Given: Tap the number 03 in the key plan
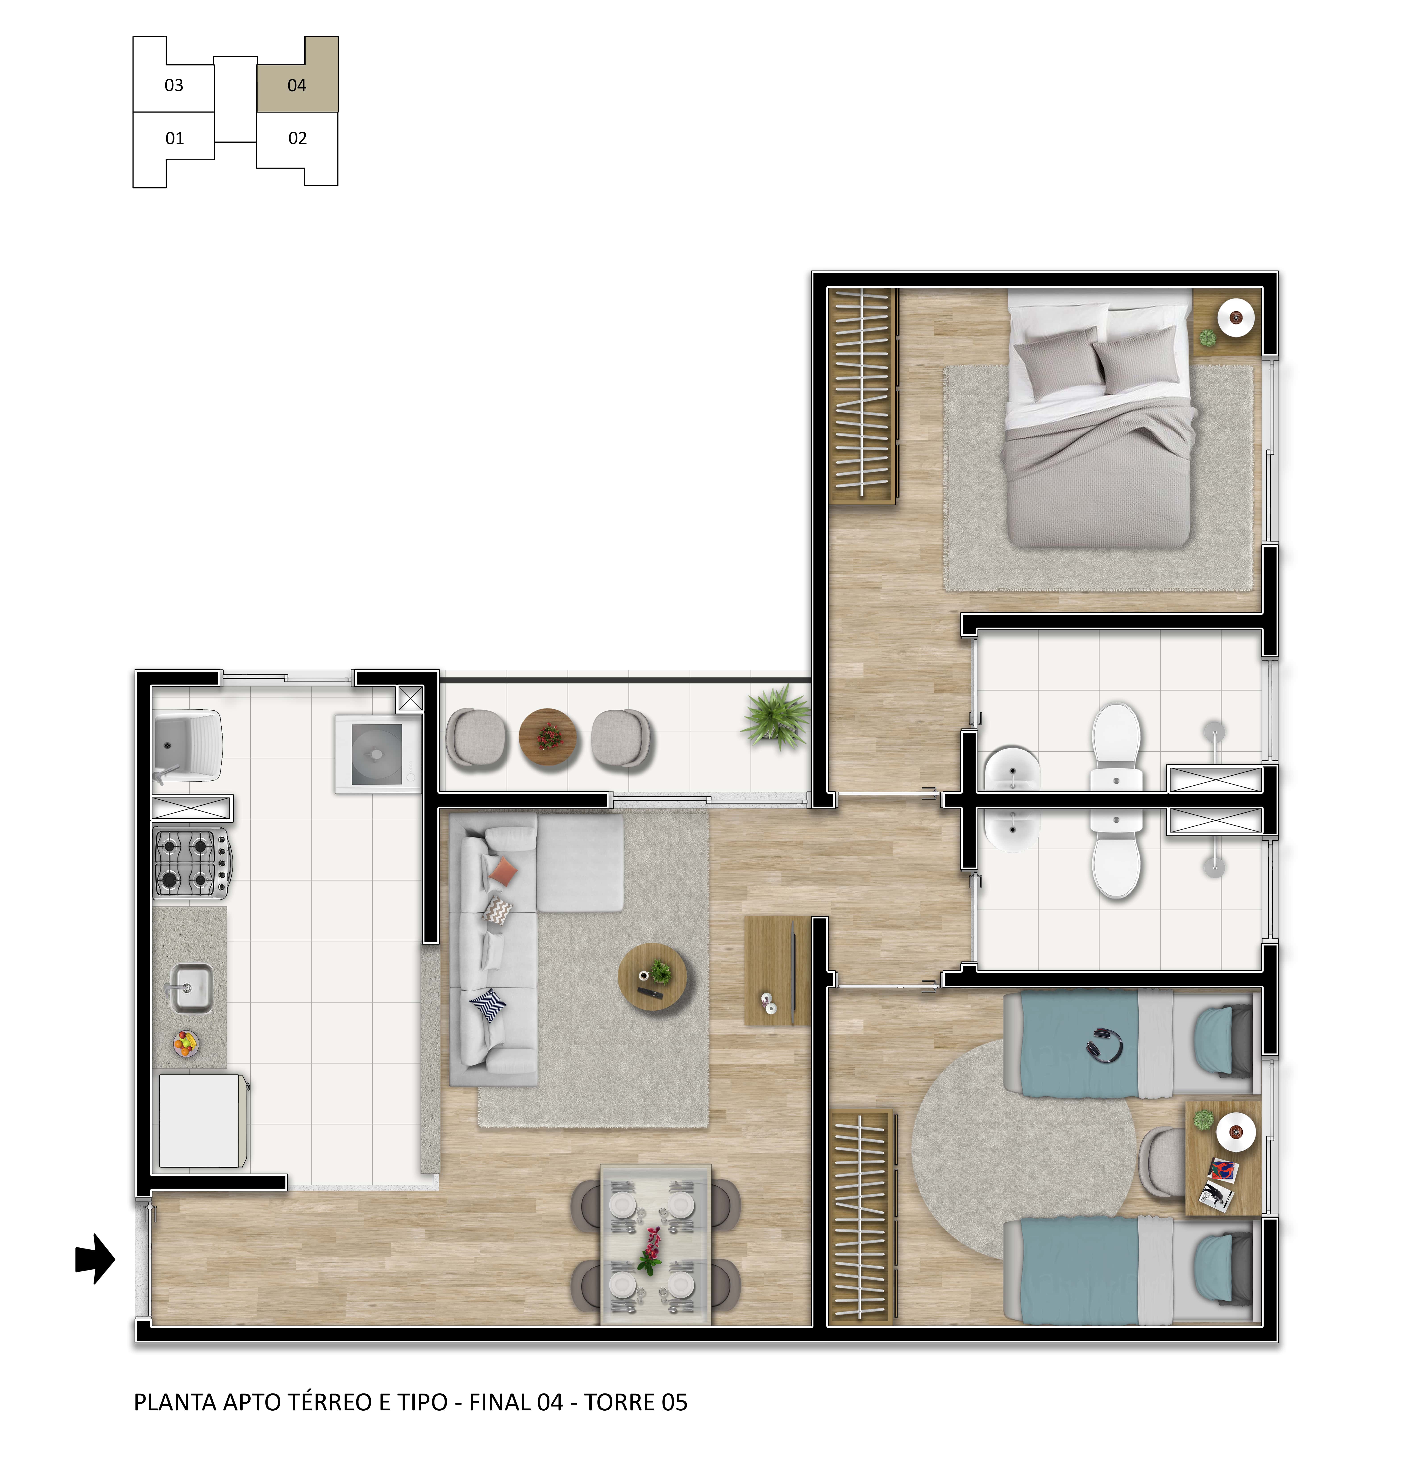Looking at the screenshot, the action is [174, 85].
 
